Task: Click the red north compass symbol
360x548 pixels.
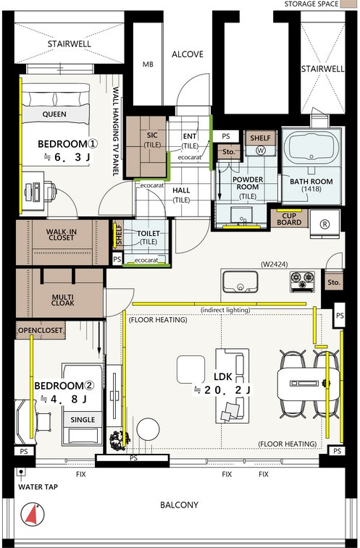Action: [33, 514]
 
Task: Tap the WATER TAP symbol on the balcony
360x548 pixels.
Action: [21, 472]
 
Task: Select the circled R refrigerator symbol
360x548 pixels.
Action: [325, 224]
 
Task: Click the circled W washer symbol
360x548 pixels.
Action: [261, 151]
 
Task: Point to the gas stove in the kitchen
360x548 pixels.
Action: [302, 282]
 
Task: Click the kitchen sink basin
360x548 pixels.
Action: [240, 282]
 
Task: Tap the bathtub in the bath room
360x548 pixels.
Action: [311, 148]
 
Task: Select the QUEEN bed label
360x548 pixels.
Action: [54, 114]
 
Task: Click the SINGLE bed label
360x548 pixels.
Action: [83, 420]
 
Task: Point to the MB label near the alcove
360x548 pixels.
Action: [148, 64]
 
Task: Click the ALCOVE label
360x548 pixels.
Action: [188, 54]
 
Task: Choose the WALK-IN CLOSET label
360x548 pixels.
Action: [62, 235]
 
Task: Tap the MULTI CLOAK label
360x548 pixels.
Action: [62, 300]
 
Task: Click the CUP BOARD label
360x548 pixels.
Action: [289, 219]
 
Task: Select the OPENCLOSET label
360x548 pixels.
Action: [41, 330]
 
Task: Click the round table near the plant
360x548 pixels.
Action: [148, 429]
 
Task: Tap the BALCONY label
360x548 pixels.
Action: [179, 505]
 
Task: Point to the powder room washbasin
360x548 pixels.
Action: [241, 216]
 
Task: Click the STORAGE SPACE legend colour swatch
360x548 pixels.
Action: [349, 4]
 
